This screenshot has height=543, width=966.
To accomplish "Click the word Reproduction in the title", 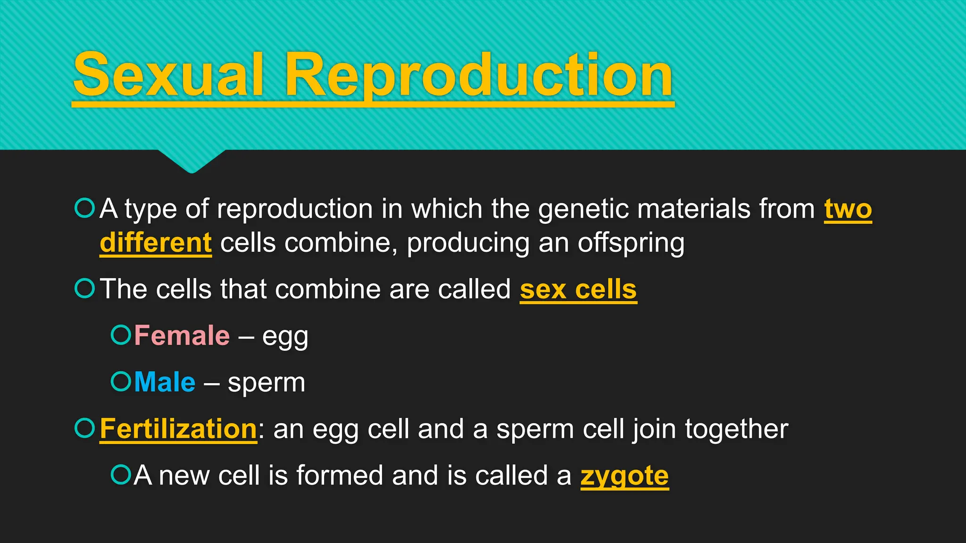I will pyautogui.click(x=479, y=75).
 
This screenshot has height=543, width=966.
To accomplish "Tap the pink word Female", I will pyautogui.click(x=182, y=336).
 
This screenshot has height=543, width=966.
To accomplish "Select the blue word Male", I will pyautogui.click(x=165, y=382).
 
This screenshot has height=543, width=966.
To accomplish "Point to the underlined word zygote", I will pyautogui.click(x=624, y=476).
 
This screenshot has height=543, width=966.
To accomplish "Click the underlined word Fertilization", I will pyautogui.click(x=178, y=429).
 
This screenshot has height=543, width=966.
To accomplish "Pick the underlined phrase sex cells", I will pyautogui.click(x=578, y=289).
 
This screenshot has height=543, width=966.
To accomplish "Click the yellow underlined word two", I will pyautogui.click(x=848, y=209).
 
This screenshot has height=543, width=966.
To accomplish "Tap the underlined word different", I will pyautogui.click(x=156, y=243).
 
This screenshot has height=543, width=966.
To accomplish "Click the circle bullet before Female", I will pyautogui.click(x=121, y=335).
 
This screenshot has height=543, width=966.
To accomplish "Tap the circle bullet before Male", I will pyautogui.click(x=121, y=381).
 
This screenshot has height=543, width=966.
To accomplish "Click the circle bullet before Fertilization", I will pyautogui.click(x=85, y=428).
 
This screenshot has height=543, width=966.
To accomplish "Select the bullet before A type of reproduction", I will pyautogui.click(x=85, y=208).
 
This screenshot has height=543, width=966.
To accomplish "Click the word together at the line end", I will pyautogui.click(x=736, y=429).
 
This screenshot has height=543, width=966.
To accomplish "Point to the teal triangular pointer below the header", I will pyautogui.click(x=192, y=160).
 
